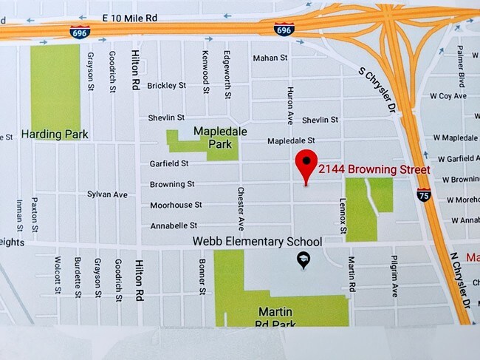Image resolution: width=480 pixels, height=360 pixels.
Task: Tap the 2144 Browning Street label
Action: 374,170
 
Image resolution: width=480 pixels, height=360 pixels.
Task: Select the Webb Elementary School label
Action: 257,242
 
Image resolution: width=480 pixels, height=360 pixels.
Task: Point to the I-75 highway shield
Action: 424,195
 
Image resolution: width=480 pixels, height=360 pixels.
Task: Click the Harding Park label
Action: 55,135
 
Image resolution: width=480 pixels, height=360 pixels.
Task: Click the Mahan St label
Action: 269,58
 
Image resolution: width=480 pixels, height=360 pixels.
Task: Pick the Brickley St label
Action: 165,86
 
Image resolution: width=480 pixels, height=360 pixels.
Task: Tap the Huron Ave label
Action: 289,103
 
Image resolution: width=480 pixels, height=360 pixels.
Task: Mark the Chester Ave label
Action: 241,208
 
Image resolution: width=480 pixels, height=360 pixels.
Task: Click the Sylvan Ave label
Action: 107,194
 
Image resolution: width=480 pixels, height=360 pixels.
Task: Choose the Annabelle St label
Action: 174,225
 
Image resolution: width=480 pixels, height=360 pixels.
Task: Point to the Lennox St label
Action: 343,217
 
